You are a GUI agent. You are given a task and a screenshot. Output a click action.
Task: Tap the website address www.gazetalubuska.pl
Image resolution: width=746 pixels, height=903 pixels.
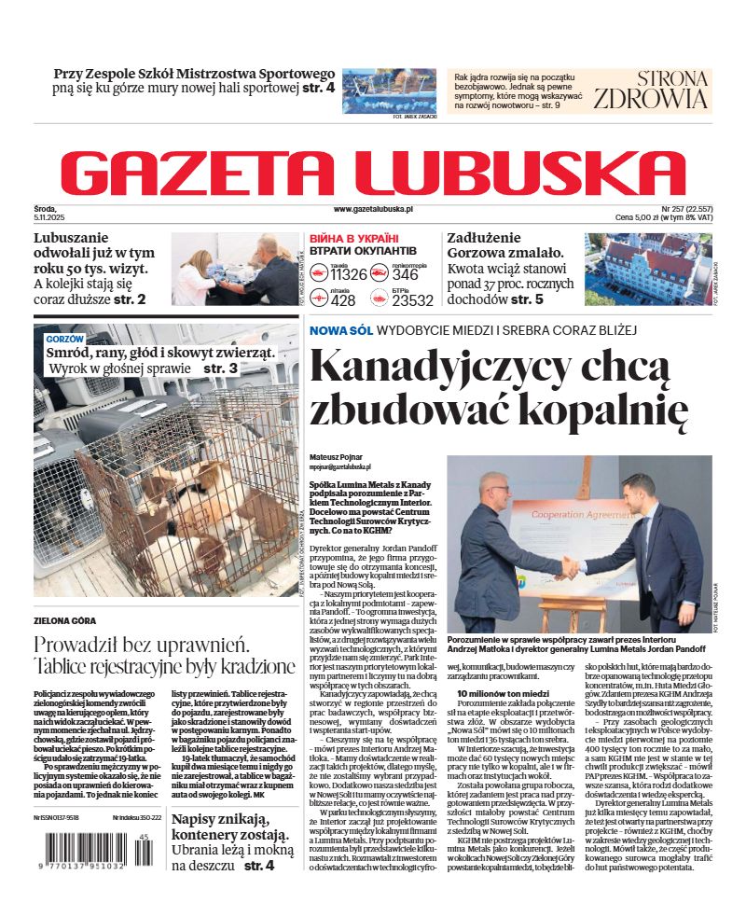pyautogui.click(x=373, y=210)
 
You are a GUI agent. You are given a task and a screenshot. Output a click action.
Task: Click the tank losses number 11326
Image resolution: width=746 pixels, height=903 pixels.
pyautogui.click(x=349, y=274)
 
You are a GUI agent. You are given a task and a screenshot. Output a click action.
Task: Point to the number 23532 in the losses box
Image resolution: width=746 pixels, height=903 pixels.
pyautogui.click(x=412, y=300)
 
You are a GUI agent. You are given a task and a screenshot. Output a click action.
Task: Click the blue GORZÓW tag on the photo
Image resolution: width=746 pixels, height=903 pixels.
pyautogui.click(x=65, y=339)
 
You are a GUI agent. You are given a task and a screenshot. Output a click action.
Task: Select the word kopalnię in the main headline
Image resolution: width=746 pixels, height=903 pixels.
pyautogui.click(x=616, y=408)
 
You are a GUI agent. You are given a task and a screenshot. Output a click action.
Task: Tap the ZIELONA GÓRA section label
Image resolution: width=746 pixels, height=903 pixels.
pyautogui.click(x=64, y=620)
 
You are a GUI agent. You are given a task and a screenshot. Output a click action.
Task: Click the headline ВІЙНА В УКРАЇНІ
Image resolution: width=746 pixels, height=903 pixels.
pyautogui.click(x=353, y=238)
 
